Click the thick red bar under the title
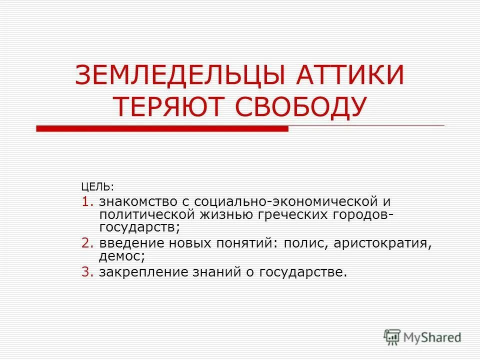(x=162, y=129)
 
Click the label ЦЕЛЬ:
(x=97, y=187)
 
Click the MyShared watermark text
(x=432, y=337)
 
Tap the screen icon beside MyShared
(x=392, y=337)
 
